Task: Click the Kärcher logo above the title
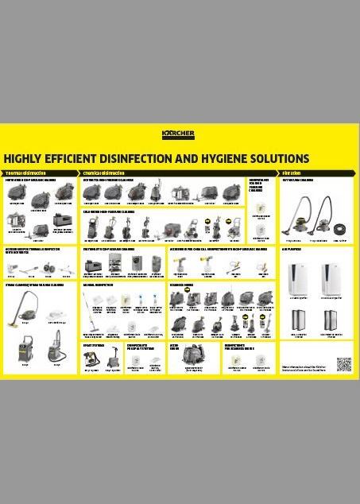(x=178, y=134)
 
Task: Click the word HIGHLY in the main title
(x=24, y=158)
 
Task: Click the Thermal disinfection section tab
(x=25, y=173)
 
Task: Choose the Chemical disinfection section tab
(x=104, y=173)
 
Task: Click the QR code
(x=343, y=365)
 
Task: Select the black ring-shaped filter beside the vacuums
(x=341, y=224)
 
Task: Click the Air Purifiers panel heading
(x=294, y=249)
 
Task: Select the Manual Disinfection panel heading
(x=99, y=283)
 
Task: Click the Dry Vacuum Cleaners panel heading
(x=299, y=180)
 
